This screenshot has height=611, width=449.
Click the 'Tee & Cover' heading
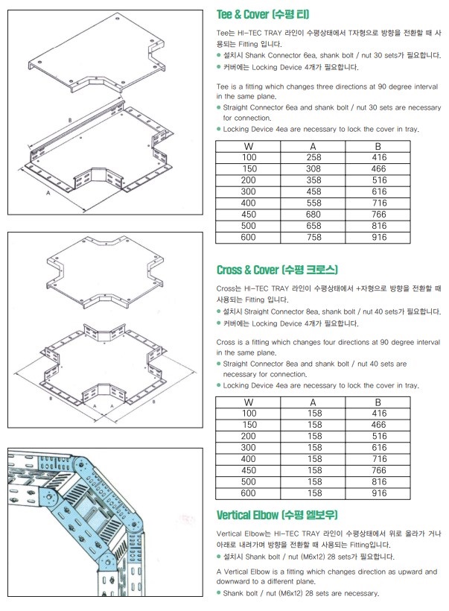tap(263, 15)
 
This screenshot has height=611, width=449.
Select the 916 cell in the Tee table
tap(379, 237)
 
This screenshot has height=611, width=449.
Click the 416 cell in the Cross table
tap(379, 413)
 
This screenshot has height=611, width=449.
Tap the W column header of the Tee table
tap(249, 147)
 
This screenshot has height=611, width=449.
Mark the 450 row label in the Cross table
tap(249, 471)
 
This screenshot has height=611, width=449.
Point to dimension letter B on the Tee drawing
tap(69, 120)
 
